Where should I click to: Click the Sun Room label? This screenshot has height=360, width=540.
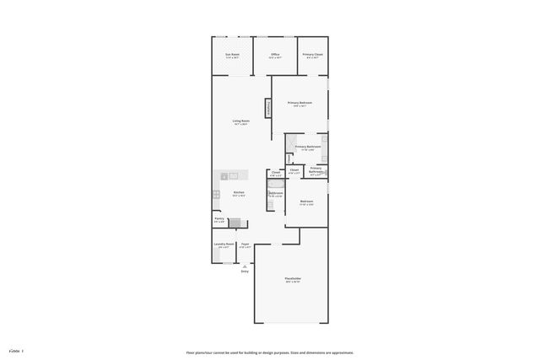point(231,56)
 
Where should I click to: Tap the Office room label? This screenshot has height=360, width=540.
point(275,56)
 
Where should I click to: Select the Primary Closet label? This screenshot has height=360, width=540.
point(313,56)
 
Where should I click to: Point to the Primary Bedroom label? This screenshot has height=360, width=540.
point(300,103)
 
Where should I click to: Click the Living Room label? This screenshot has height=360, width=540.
point(241,121)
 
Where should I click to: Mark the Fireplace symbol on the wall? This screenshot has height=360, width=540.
point(269,108)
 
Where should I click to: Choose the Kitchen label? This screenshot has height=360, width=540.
point(239,193)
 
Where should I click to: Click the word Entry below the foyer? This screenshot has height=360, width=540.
point(245,271)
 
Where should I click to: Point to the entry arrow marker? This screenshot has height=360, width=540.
point(245,265)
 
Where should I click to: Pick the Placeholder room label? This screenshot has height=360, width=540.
point(293,279)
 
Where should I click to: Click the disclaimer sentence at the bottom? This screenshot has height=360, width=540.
point(269,352)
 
